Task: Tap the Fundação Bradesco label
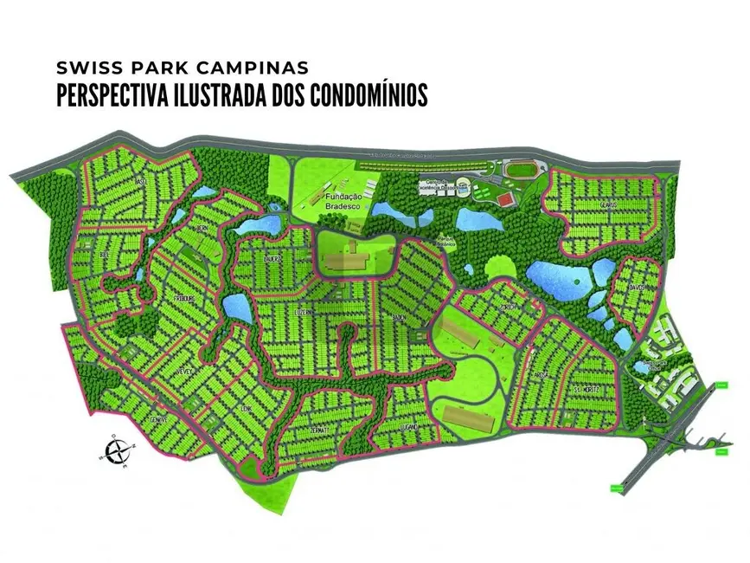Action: click(347, 202)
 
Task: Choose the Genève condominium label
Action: click(158, 418)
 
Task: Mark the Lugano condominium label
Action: click(409, 427)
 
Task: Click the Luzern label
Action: click(305, 309)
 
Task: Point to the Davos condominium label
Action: click(638, 287)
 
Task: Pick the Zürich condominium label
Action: click(508, 308)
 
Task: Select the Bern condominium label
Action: click(202, 228)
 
